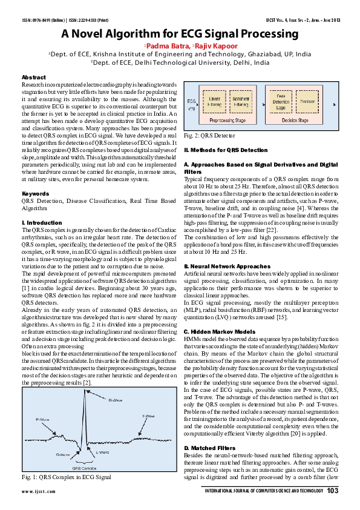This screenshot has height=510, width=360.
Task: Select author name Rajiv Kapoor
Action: [214, 45]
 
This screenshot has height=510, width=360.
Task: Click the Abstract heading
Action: [33, 78]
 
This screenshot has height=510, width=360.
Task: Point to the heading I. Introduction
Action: [42, 223]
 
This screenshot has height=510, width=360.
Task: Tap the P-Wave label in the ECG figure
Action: [43, 419]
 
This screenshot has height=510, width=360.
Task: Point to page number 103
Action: [332, 491]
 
